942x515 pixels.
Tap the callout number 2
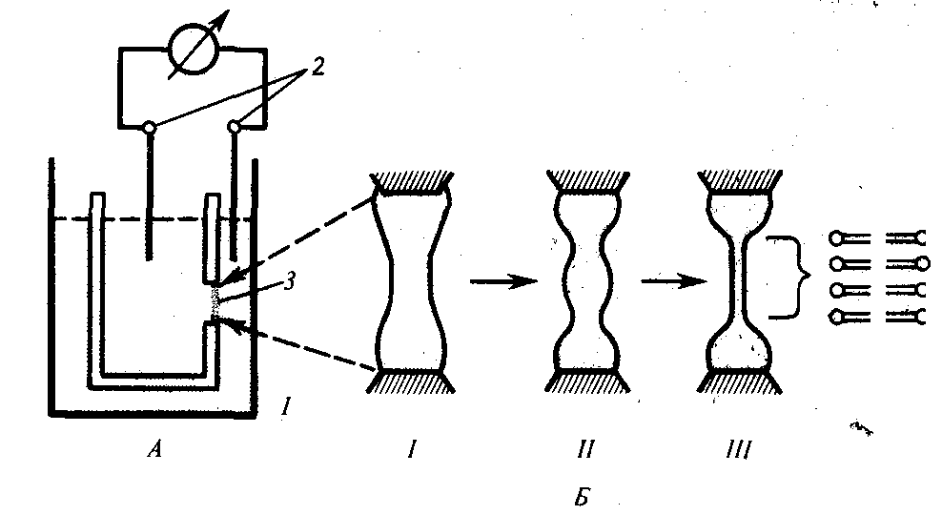pos(317,66)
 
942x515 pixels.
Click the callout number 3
pos(290,280)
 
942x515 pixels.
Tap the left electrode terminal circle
pos(150,127)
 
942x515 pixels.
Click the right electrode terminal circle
pos(234,127)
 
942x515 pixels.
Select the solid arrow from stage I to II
pos(503,280)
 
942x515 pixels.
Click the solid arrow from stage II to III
pos(674,280)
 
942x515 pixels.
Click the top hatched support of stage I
pos(412,182)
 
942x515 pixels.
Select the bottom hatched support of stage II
pos(587,381)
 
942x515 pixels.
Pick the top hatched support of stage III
pos(740,181)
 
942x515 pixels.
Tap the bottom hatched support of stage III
pos(740,381)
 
